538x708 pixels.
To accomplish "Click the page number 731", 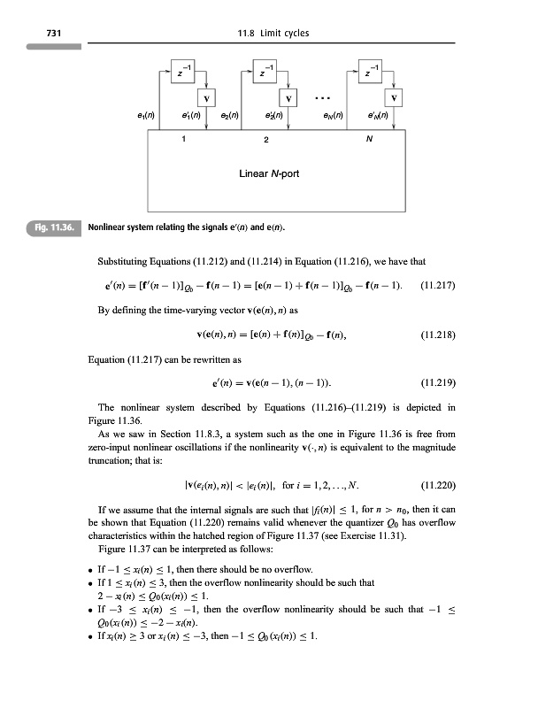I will [39, 34].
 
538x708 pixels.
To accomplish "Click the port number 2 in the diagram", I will [266, 139].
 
